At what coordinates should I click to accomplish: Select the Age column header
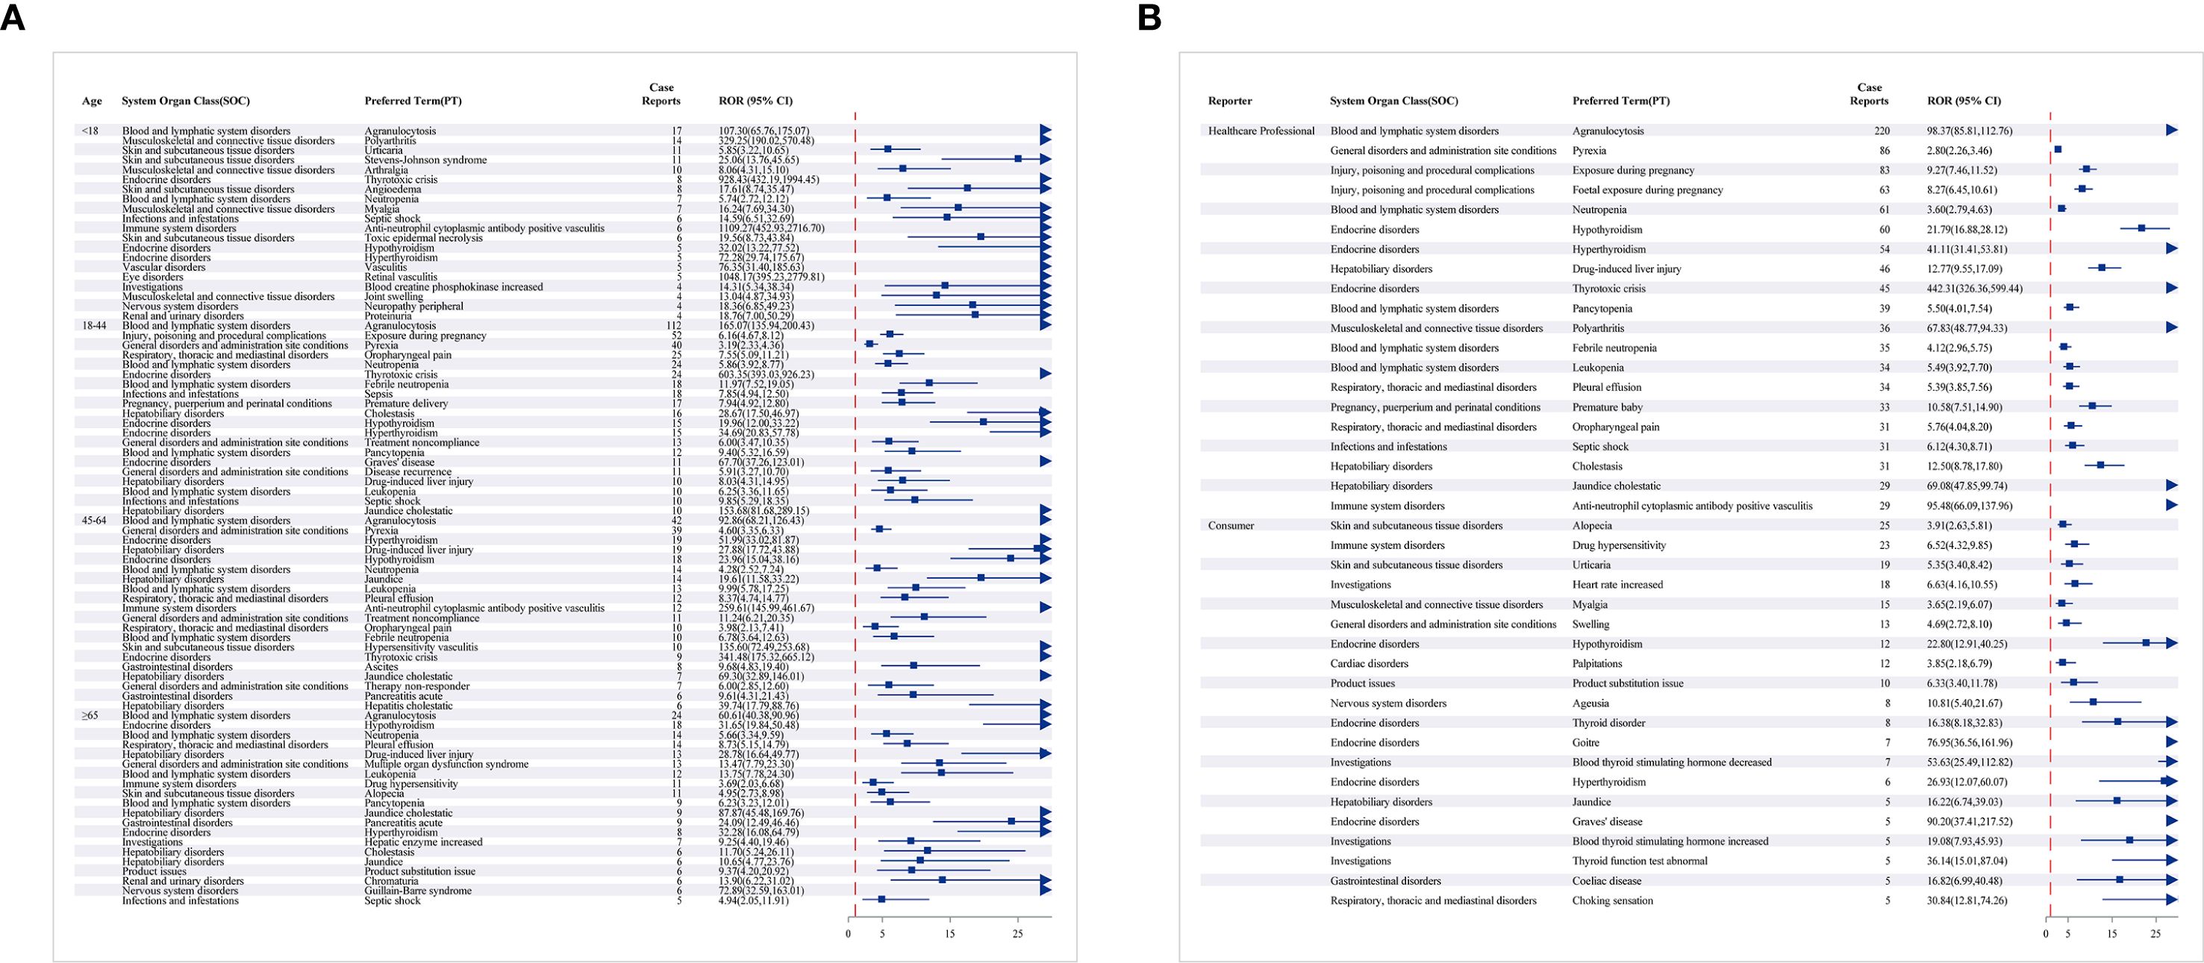[92, 101]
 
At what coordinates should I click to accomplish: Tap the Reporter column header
[1229, 101]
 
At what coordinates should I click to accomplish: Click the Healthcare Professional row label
[1261, 131]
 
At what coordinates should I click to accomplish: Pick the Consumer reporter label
[1230, 525]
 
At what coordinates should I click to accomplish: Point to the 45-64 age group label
[94, 520]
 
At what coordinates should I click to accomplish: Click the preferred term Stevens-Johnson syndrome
[425, 160]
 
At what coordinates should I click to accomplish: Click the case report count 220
[1881, 131]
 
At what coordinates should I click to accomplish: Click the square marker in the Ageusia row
[2093, 702]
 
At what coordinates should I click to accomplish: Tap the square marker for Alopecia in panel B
[2063, 524]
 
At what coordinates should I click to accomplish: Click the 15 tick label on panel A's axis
[949, 934]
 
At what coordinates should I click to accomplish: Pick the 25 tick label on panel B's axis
[2156, 934]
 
